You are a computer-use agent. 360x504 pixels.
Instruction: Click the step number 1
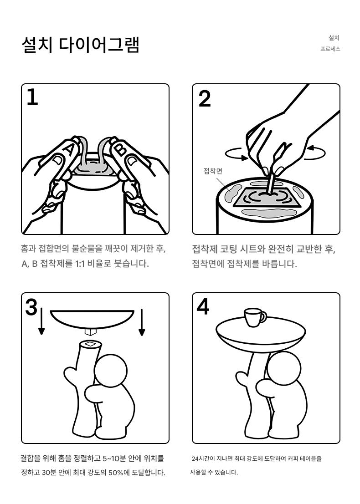pos(32,97)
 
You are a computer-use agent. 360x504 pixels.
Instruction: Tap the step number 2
pos(205,98)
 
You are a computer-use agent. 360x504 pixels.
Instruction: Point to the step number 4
pos(203,307)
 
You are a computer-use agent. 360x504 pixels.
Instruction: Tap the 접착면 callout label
pos(213,171)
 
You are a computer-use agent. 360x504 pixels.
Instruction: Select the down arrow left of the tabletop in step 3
pos(41,321)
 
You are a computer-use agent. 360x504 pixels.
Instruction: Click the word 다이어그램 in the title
pos(99,45)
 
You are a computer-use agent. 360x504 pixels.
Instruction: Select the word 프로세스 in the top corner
pos(330,49)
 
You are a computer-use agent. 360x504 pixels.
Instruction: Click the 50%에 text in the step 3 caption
pos(118,473)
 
